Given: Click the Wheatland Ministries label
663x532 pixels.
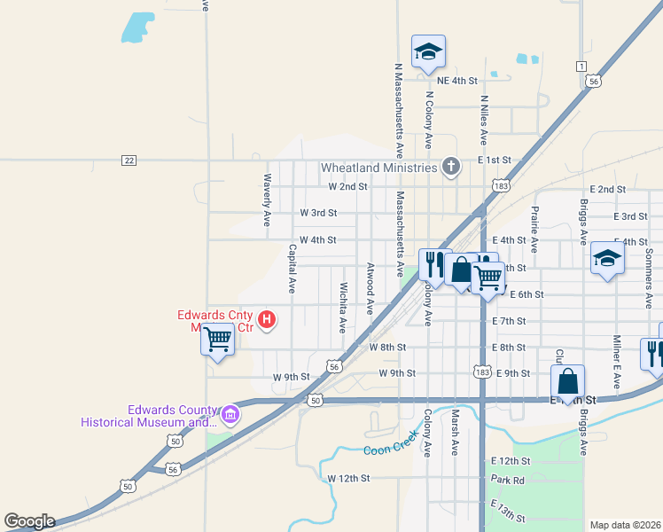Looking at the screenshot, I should [x=378, y=168].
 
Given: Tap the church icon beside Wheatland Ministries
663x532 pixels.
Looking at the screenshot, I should [x=451, y=166].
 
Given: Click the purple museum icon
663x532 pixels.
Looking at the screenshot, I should [x=230, y=414].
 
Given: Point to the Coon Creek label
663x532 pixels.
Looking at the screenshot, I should [x=389, y=450].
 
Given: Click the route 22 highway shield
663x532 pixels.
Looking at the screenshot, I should [x=129, y=160].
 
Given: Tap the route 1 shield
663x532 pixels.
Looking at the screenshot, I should [x=581, y=66].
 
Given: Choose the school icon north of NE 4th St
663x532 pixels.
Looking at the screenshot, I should [x=427, y=52].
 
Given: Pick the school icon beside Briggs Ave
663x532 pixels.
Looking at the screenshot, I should [x=607, y=257].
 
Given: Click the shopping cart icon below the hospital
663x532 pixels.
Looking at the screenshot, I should [x=217, y=338].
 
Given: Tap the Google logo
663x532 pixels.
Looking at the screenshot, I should [x=29, y=521].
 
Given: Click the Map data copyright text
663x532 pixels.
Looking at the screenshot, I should [x=626, y=525].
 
